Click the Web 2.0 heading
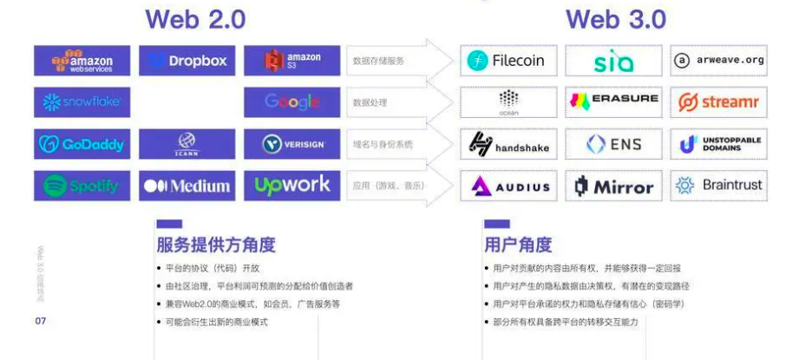point(195,19)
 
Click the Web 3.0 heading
point(616,19)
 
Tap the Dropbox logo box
point(187,61)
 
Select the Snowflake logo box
point(82,102)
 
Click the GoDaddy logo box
point(82,144)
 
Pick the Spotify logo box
point(82,186)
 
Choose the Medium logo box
point(187,186)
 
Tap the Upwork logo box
point(291,186)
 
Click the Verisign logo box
point(291,144)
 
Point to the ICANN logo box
point(187,144)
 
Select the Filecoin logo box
point(508,61)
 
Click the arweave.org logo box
point(718,61)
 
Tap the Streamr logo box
point(718,102)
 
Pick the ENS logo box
point(613,144)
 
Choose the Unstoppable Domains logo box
point(718,144)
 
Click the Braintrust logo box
point(718,186)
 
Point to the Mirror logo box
point(613,186)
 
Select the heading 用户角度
point(518,245)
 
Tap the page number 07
point(40,321)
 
